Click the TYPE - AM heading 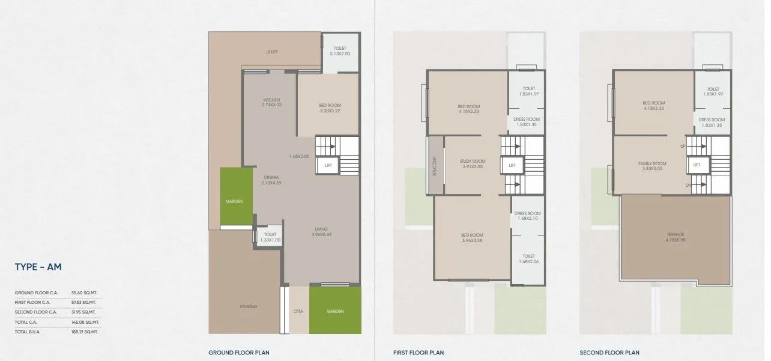tap(38, 267)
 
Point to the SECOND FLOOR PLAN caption tap(609, 353)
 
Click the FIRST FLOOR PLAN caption tap(418, 353)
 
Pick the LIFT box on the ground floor tap(328, 165)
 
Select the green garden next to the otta tap(336, 311)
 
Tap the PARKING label tap(248, 306)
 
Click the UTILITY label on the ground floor tap(272, 52)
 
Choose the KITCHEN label tap(271, 100)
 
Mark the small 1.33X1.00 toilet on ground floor tap(270, 237)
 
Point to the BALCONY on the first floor tap(435, 166)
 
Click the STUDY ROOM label tap(473, 162)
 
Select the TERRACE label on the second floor tap(675, 234)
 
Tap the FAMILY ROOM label tap(652, 163)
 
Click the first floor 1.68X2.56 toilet tap(528, 258)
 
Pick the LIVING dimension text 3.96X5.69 tap(321, 234)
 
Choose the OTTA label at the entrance tap(298, 311)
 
